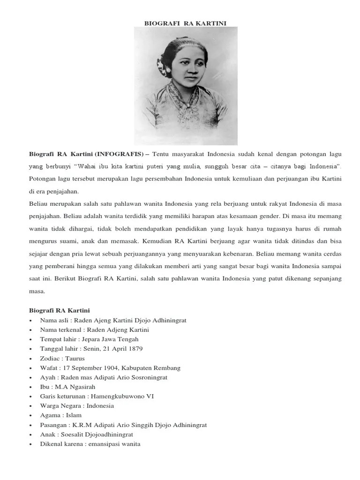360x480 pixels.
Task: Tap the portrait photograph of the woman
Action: point(186,85)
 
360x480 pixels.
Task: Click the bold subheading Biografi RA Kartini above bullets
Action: point(60,310)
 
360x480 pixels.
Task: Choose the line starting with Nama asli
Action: point(113,320)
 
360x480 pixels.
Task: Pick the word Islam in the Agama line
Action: point(74,415)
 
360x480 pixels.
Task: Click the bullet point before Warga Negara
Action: point(30,406)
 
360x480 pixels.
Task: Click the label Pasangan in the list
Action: point(53,425)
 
